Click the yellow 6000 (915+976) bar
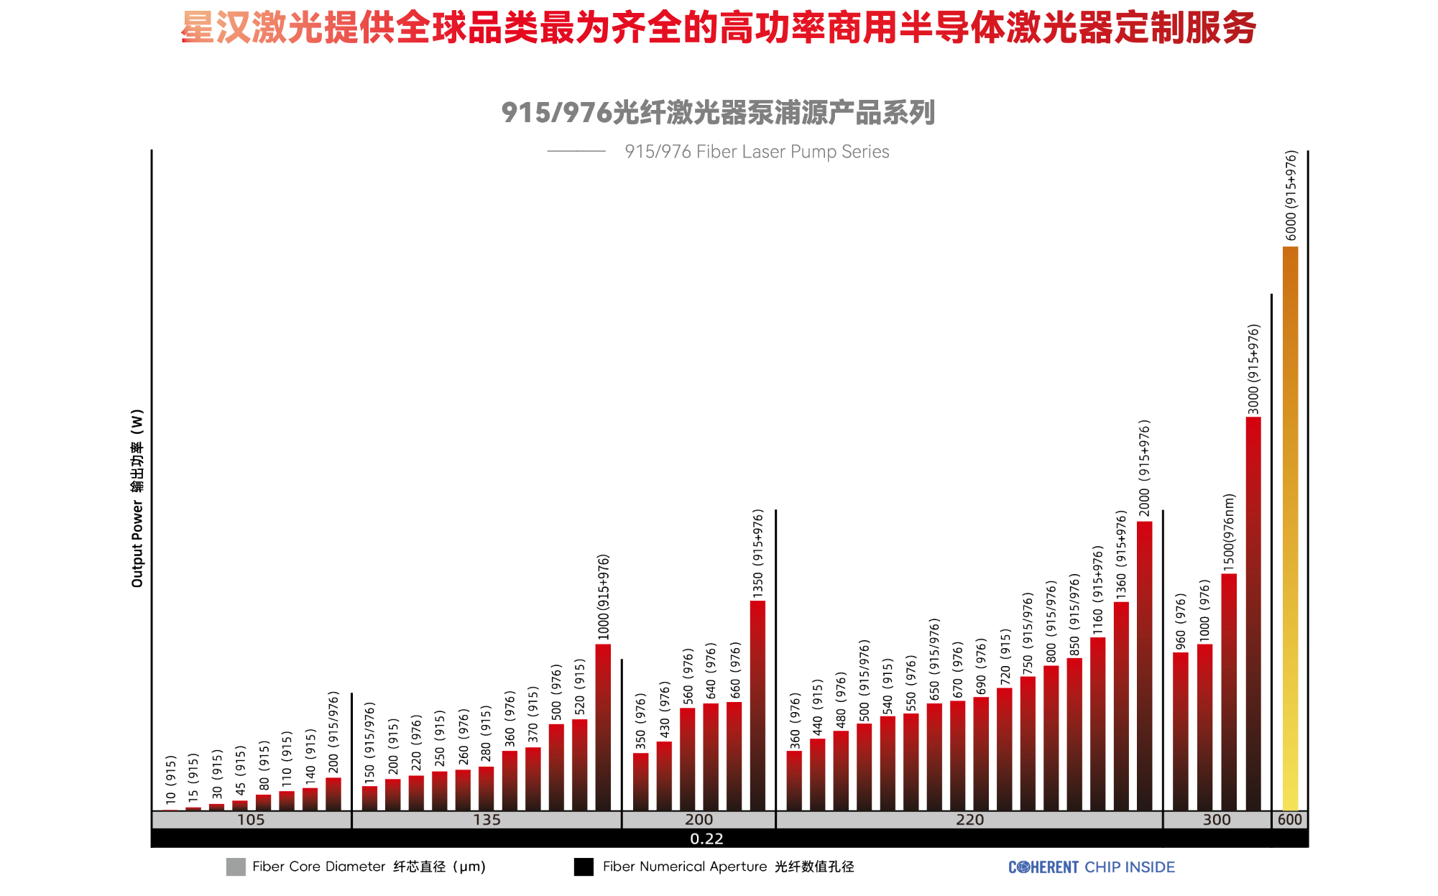tap(1290, 528)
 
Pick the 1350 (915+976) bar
tap(757, 705)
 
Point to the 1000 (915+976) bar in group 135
tap(603, 726)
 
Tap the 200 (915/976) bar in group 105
tap(333, 793)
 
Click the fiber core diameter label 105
tap(251, 820)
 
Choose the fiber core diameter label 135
tap(487, 820)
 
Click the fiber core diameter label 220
tap(969, 820)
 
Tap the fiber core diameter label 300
tap(1216, 820)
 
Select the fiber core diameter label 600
tap(1290, 820)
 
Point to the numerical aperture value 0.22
tap(706, 839)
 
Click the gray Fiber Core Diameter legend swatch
tap(236, 867)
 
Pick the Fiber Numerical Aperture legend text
tap(728, 867)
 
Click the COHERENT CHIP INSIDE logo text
tap(1091, 867)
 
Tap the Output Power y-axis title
tap(137, 499)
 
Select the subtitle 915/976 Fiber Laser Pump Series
tap(756, 152)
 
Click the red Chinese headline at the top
tap(719, 29)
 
